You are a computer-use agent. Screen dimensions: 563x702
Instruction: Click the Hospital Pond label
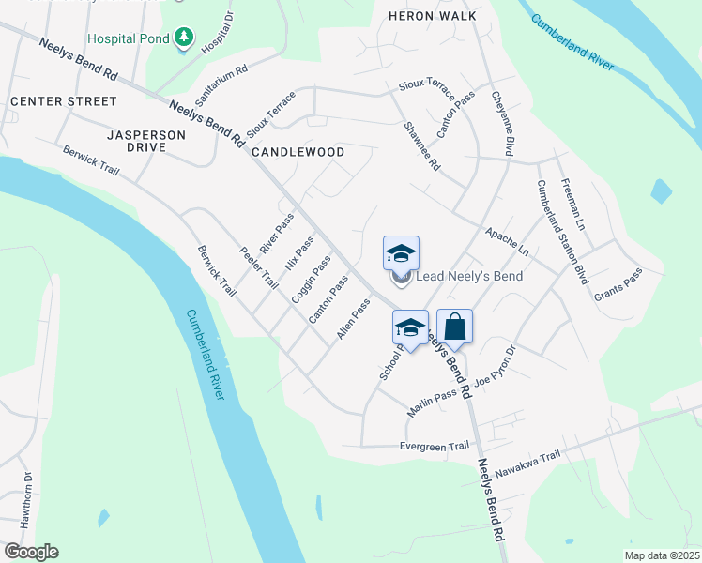pos(129,38)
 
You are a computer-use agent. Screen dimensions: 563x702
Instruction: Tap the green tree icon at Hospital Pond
pos(186,38)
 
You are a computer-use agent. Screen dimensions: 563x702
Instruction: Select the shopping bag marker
pos(454,327)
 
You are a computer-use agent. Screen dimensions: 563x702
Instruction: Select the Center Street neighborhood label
pos(64,101)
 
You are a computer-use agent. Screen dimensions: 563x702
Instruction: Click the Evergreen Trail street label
pos(433,447)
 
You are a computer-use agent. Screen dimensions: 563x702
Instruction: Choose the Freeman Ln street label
pos(572,205)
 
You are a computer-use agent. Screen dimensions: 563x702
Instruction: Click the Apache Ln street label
pos(507,241)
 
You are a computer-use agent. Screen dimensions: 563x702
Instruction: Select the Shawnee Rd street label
pos(421,146)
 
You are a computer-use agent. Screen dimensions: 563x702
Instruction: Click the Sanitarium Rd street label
pos(221,85)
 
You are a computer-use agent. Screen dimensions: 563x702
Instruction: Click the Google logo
pos(31,552)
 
